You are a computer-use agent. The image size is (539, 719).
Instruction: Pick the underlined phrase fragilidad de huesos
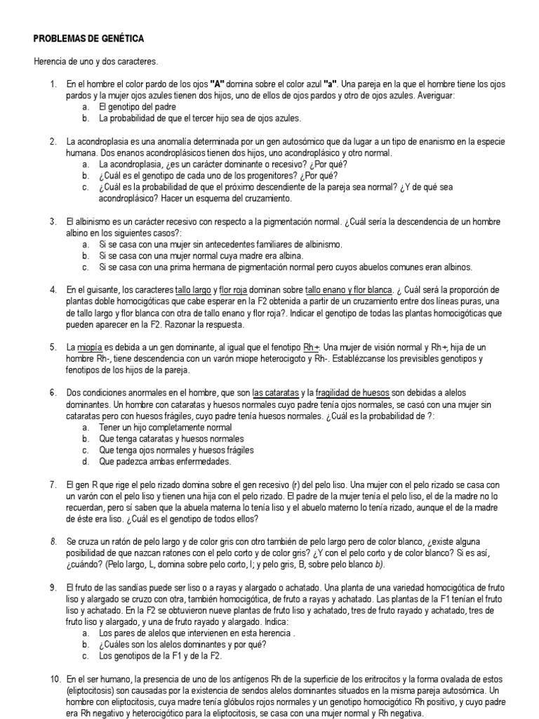pyautogui.click(x=353, y=393)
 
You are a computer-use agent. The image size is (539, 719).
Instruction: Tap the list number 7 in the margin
pyautogui.click(x=53, y=485)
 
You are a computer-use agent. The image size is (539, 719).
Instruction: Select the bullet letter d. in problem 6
pyautogui.click(x=85, y=462)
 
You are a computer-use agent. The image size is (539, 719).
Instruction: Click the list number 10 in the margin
pyautogui.click(x=55, y=680)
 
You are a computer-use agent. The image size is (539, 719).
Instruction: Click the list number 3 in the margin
pyautogui.click(x=53, y=221)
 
